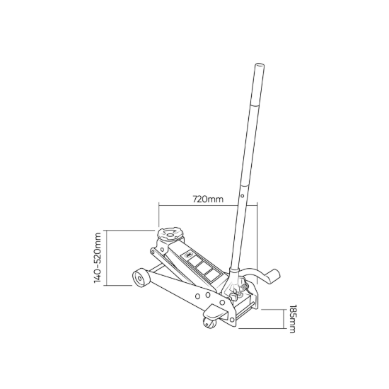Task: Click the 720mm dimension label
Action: (x=207, y=200)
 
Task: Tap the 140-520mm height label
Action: (x=98, y=257)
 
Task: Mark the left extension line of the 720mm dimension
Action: (x=159, y=216)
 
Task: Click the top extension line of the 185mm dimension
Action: (x=272, y=310)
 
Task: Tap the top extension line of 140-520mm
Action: (x=127, y=231)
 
